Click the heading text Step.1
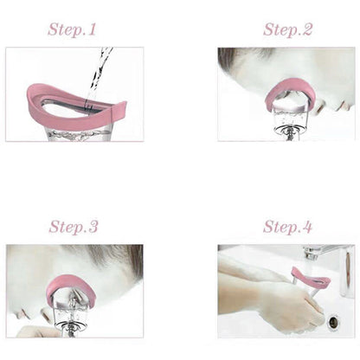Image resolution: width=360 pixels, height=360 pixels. pos(73,29)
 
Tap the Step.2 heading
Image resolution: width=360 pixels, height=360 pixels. pos(287,29)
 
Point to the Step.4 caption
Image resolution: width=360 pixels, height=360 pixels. pos(287,228)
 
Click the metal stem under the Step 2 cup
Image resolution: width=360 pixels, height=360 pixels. pos(288,130)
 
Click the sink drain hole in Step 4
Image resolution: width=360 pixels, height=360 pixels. pos(333,322)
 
